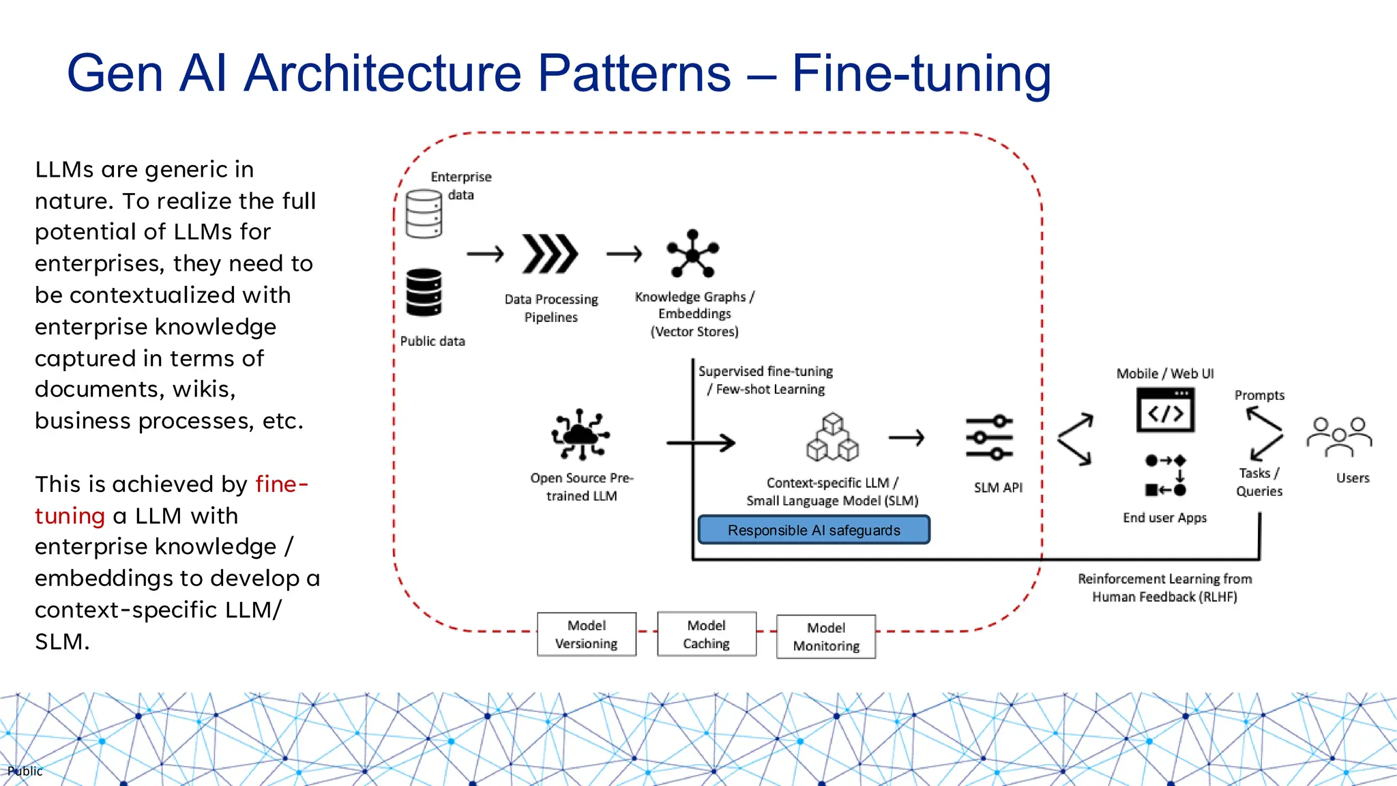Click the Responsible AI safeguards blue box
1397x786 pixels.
[814, 530]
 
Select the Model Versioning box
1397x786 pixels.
[587, 635]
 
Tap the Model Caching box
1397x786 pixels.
[707, 635]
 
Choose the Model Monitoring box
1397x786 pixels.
[826, 637]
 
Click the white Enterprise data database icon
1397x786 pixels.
[424, 214]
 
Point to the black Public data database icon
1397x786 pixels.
[424, 292]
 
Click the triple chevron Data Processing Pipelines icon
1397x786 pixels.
[550, 254]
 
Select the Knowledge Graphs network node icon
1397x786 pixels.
[693, 254]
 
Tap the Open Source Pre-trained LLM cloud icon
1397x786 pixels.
[580, 434]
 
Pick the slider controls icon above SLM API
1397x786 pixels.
[989, 437]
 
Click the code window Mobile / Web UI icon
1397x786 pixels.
[1165, 410]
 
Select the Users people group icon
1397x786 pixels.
[1339, 437]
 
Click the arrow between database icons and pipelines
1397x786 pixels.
[485, 254]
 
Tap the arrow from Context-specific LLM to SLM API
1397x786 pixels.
[907, 437]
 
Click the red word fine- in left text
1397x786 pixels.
[282, 484]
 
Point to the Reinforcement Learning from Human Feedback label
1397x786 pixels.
[1164, 587]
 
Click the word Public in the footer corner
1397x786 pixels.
[25, 771]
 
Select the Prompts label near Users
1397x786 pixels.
[1259, 395]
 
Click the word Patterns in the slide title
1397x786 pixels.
[634, 73]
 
